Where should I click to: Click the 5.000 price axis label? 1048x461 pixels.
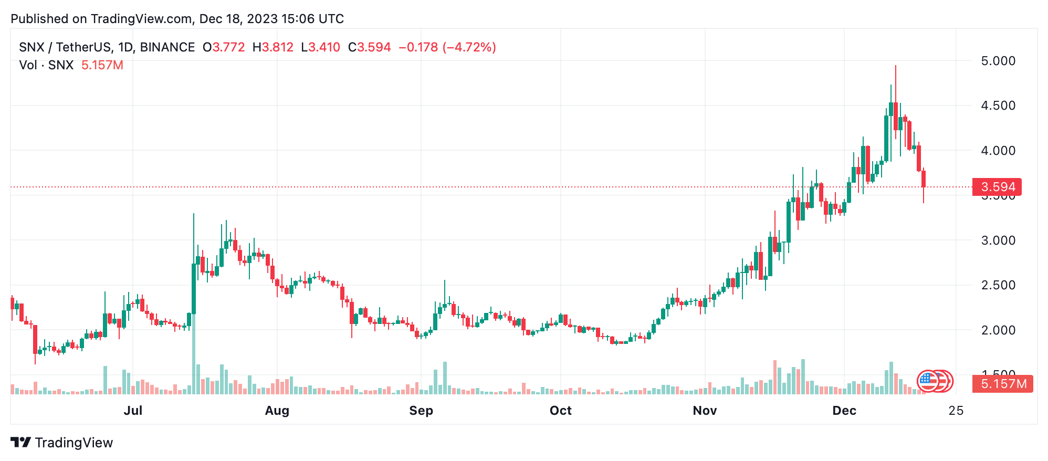pyautogui.click(x=998, y=61)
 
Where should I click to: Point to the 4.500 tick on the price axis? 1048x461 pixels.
pyautogui.click(x=998, y=106)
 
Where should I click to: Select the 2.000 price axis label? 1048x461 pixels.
pyautogui.click(x=998, y=330)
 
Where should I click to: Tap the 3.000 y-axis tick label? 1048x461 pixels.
pyautogui.click(x=998, y=240)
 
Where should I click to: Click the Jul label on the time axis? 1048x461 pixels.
pyautogui.click(x=133, y=411)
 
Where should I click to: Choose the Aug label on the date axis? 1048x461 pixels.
pyautogui.click(x=277, y=411)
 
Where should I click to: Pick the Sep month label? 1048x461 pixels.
pyautogui.click(x=421, y=411)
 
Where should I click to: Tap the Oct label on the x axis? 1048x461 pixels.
pyautogui.click(x=560, y=411)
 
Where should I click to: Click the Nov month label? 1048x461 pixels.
pyautogui.click(x=705, y=411)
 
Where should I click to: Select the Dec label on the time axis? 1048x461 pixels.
pyautogui.click(x=844, y=411)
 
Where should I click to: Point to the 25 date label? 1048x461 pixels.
pyautogui.click(x=956, y=411)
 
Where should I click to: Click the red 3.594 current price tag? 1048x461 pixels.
pyautogui.click(x=998, y=187)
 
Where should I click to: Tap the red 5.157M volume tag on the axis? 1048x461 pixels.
pyautogui.click(x=1003, y=384)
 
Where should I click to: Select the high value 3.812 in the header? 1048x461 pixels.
pyautogui.click(x=277, y=47)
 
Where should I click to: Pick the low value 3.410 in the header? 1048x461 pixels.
pyautogui.click(x=324, y=47)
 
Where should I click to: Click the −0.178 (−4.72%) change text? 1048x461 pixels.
pyautogui.click(x=447, y=47)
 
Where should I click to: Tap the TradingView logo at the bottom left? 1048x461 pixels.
pyautogui.click(x=62, y=443)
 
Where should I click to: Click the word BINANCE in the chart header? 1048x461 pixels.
pyautogui.click(x=167, y=47)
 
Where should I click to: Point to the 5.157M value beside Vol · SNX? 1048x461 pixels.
pyautogui.click(x=102, y=65)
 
